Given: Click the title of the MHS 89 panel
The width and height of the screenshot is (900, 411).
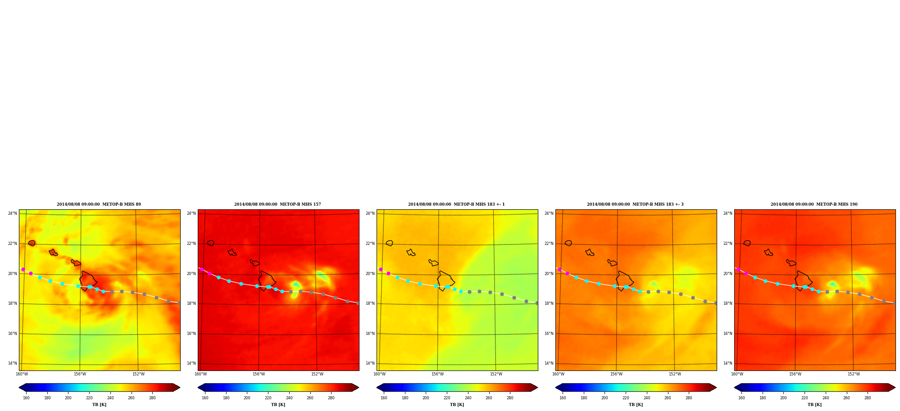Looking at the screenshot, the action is pos(99,204).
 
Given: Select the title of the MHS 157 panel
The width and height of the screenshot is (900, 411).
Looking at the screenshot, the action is pos(277,204).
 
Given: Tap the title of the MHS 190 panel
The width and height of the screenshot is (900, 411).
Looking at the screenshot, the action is pos(814,204).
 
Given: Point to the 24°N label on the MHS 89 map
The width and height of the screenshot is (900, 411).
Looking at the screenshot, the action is pos(13,213).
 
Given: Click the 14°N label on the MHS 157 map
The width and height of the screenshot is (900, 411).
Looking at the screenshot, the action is pos(191,363).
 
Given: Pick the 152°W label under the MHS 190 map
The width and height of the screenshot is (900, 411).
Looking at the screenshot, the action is pos(854,374).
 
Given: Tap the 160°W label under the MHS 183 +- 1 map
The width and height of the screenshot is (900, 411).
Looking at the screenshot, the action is pos(379,374).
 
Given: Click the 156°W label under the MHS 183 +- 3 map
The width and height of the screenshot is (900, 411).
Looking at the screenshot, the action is pos(616,374).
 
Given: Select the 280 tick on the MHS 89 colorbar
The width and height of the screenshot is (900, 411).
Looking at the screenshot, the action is pos(152,398).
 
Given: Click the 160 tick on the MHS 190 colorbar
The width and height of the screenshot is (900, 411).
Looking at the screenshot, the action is pos(741,398).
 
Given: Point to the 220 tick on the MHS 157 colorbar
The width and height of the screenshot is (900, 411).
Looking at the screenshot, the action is pos(268,398).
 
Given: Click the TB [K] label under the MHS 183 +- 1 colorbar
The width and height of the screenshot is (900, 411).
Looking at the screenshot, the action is pos(457,405).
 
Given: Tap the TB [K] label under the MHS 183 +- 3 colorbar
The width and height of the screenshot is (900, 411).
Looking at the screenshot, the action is pos(636,405).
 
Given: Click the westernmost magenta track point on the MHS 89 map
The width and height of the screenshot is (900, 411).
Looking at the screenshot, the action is pos(23,269).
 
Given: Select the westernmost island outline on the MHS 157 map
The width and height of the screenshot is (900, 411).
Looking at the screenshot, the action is pos(210,243).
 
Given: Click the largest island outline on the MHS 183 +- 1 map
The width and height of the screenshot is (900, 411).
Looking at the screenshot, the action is pos(445,281).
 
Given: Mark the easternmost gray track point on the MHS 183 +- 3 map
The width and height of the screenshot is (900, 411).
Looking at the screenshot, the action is pos(715,303).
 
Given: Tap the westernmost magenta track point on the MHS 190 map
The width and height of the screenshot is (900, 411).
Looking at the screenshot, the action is pos(738,269).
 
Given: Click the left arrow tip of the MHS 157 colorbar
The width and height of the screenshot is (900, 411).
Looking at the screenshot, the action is pos(198,388).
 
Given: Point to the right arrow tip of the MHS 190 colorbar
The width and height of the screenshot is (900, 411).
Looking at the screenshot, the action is pos(895,388).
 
